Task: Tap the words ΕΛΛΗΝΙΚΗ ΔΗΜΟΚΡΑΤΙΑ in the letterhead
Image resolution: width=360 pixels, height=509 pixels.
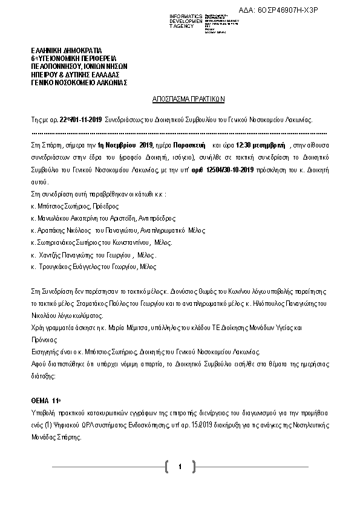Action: (67, 50)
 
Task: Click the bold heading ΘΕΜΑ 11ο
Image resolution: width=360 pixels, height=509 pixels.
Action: (46, 400)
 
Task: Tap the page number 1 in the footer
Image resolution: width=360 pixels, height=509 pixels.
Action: (180, 467)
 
